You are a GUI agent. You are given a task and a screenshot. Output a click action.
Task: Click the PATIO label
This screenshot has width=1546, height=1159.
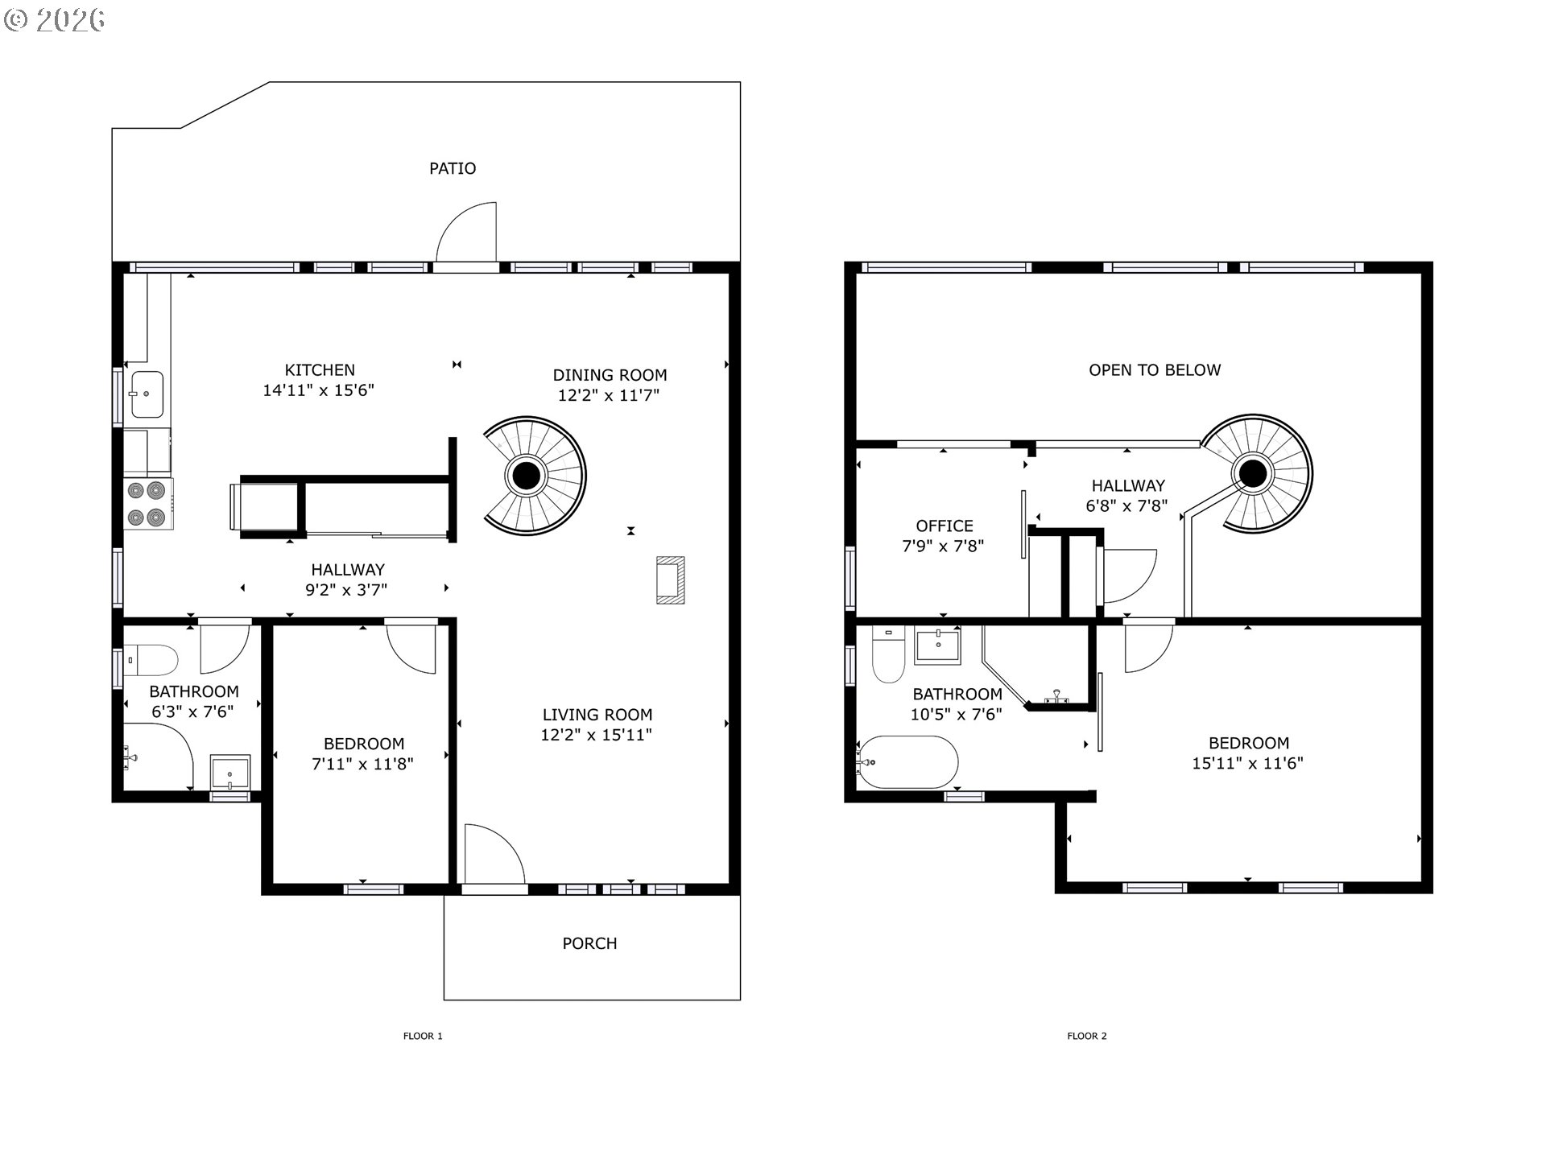pos(453,168)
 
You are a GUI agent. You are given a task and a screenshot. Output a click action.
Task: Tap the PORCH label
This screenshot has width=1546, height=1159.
pos(589,943)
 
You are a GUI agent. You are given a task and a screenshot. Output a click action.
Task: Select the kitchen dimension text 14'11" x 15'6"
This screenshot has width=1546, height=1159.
pos(319,390)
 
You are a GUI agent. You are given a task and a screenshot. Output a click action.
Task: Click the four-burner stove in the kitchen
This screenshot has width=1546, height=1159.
pos(147,504)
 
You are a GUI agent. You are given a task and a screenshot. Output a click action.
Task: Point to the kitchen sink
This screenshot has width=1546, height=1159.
pos(147,394)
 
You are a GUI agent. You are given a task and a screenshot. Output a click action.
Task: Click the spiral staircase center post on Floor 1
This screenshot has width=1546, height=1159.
pos(527,475)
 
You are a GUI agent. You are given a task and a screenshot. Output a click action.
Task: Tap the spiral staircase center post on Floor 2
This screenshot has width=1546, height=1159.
pos(1253,473)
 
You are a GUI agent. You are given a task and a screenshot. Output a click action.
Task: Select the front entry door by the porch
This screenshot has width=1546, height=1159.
pos(493,857)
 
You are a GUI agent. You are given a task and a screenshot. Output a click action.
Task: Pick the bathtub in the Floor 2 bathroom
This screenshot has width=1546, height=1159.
pos(908,761)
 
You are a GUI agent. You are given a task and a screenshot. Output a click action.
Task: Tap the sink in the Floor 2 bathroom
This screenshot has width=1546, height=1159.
pos(938,646)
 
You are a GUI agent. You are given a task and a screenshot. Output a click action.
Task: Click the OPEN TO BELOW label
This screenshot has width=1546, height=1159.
pos(1155,370)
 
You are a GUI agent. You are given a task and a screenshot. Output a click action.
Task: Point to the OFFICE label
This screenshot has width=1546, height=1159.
pos(945,526)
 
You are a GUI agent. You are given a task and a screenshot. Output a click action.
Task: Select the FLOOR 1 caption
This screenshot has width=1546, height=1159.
pos(423,1036)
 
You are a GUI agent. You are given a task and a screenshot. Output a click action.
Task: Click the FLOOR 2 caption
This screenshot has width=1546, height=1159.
pos(1087,1036)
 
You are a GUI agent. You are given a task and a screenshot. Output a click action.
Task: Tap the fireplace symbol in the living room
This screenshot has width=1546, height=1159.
pos(670,579)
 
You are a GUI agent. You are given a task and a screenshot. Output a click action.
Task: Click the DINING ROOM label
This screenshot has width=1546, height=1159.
pos(610,375)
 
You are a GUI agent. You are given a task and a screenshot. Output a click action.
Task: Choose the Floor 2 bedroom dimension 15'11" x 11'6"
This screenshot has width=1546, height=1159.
pos(1247,763)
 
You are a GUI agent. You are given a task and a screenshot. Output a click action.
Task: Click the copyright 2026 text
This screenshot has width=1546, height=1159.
pos(55,20)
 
